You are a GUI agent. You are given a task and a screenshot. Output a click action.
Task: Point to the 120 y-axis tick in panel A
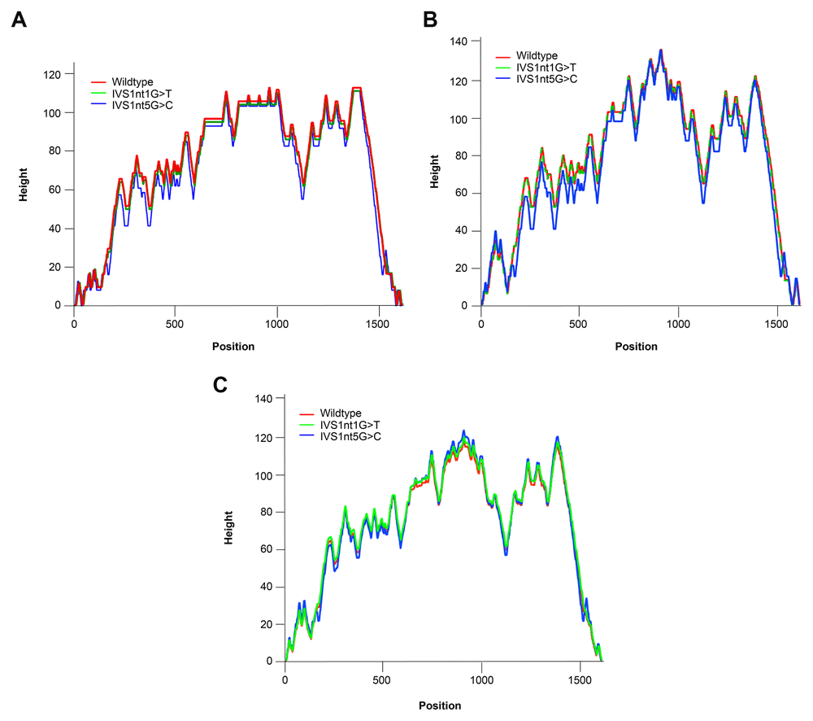(56, 74)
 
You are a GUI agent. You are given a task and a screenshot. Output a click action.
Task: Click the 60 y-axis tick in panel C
(264, 549)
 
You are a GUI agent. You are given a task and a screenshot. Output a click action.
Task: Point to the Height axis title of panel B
(436, 173)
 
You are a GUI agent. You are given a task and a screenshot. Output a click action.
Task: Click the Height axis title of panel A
(26, 190)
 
